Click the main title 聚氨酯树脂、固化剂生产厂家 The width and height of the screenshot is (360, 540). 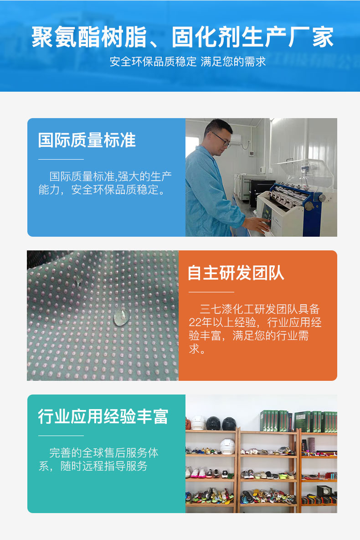(182, 37)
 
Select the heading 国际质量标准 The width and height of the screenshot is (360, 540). (87, 140)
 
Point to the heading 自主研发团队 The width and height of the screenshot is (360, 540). (236, 272)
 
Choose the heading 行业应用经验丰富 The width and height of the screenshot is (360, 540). (103, 416)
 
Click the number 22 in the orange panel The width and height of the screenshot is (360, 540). (195, 322)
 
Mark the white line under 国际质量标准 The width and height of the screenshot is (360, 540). (61, 159)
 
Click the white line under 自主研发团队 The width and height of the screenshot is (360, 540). (211, 292)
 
